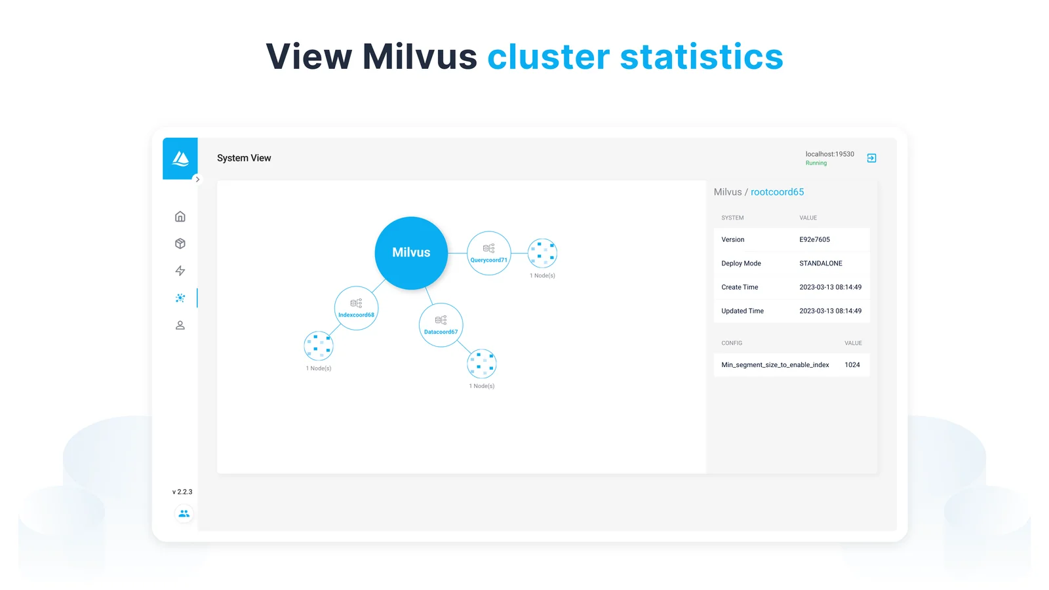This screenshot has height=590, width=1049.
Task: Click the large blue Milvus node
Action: point(410,253)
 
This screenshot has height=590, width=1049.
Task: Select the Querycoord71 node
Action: point(488,253)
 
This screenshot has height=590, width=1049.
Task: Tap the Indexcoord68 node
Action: point(356,308)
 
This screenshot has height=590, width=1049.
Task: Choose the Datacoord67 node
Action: point(441,325)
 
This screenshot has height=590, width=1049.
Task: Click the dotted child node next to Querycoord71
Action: point(542,253)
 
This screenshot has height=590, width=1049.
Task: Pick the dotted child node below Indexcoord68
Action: point(319,346)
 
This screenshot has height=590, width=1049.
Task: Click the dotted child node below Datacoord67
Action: point(481,363)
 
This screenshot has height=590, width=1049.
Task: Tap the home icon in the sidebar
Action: point(180,216)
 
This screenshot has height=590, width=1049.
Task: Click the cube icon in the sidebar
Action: point(180,243)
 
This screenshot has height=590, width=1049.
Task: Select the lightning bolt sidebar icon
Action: point(180,271)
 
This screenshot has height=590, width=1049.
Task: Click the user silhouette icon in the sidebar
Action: point(180,325)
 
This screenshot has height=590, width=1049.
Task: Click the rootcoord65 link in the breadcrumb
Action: point(777,192)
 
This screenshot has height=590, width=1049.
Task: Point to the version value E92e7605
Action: point(814,239)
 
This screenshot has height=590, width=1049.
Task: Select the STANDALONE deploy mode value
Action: point(820,263)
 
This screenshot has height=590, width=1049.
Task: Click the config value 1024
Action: point(852,364)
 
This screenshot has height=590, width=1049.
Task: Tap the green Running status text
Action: point(816,163)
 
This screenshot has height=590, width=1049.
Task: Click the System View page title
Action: point(243,158)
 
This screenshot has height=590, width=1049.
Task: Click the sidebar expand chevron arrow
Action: point(197,180)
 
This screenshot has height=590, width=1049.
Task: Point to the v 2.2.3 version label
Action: point(182,492)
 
